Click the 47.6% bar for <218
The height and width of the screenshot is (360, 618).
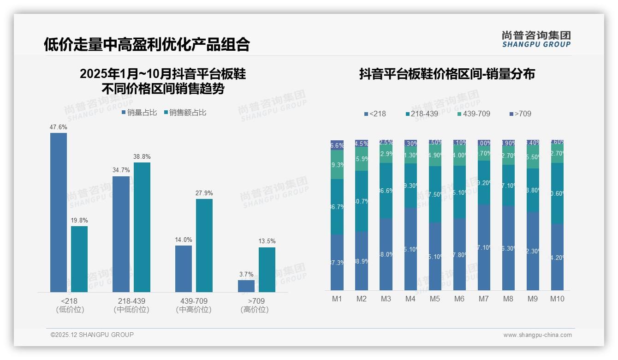coord(59,212)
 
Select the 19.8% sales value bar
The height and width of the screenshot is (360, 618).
coord(79,259)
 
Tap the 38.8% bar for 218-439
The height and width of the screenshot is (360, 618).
coord(142,227)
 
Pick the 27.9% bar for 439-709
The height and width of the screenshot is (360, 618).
coord(204,245)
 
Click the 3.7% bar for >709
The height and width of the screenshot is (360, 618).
coord(246,286)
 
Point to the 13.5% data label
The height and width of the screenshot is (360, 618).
coord(267,241)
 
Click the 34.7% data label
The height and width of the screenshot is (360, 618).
coord(121,170)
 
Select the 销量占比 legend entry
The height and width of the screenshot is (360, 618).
coord(139,113)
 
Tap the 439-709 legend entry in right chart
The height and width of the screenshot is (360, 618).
coord(474,114)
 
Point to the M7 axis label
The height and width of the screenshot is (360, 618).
coord(483,299)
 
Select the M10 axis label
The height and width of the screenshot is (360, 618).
coord(557,299)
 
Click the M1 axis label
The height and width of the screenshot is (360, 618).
coord(337,299)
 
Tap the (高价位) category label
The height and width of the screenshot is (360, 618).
coord(255,310)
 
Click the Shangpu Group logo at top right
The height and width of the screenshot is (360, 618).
coord(536,39)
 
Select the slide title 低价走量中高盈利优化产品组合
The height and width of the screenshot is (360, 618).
coord(147,44)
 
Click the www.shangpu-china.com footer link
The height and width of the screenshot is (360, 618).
coord(537,335)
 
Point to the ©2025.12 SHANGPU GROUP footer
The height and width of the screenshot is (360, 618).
coord(92,335)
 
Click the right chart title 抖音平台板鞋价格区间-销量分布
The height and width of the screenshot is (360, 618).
coord(447,74)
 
